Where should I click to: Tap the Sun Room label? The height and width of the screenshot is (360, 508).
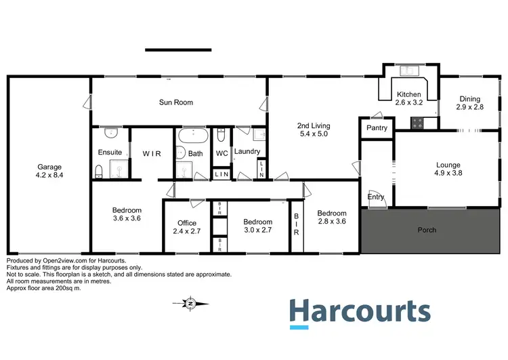176,102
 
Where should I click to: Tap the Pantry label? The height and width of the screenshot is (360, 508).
377,127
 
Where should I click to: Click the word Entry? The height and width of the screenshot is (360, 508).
375,197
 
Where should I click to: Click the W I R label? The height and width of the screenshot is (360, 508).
152,154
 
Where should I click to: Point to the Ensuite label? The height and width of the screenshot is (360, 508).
109,153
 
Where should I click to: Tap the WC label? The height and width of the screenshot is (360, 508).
221,154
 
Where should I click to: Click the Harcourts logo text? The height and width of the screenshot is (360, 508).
360,313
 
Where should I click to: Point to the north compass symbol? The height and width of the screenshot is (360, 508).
191,303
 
